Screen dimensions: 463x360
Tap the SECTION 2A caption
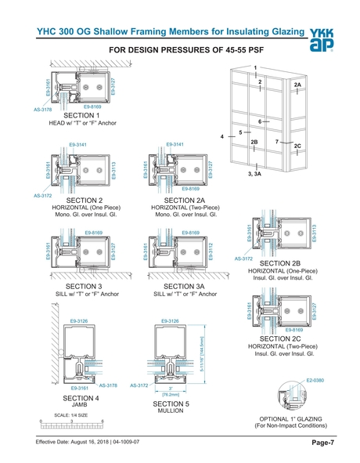pyautogui.click(x=181, y=200)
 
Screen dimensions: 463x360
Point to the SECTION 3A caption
pyautogui.click(x=181, y=287)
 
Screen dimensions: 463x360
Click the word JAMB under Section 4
pyautogui.click(x=79, y=403)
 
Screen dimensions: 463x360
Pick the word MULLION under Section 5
pyautogui.click(x=170, y=409)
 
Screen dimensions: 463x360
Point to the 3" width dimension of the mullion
pyautogui.click(x=171, y=389)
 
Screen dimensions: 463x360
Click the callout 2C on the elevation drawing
pyautogui.click(x=297, y=146)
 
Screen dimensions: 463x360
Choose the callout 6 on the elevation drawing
pyautogui.click(x=259, y=122)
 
